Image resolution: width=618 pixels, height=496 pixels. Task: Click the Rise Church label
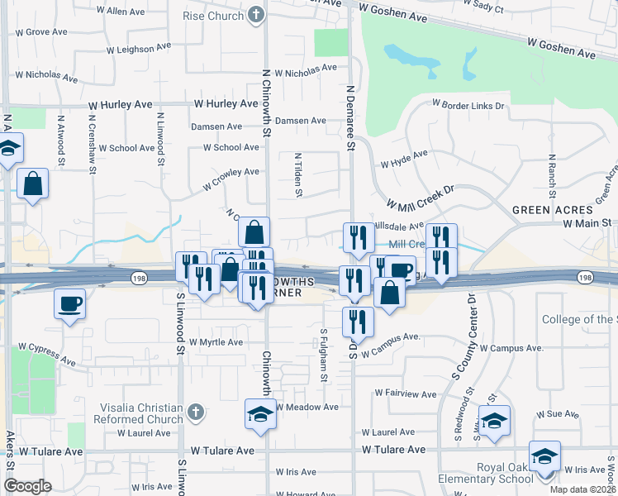pyautogui.click(x=213, y=15)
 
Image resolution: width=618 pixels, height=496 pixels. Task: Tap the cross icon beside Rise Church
pyautogui.click(x=257, y=15)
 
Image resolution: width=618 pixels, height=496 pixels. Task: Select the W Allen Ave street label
pyautogui.click(x=121, y=12)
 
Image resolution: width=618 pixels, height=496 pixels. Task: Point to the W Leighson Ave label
pyautogui.click(x=142, y=50)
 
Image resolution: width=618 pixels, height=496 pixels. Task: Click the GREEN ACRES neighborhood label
pyautogui.click(x=553, y=209)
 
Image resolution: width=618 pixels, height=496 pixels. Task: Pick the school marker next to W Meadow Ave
pyautogui.click(x=260, y=413)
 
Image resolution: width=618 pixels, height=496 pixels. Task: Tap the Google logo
pyautogui.click(x=27, y=486)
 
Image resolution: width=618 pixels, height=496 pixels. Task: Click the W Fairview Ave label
pyautogui.click(x=406, y=393)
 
